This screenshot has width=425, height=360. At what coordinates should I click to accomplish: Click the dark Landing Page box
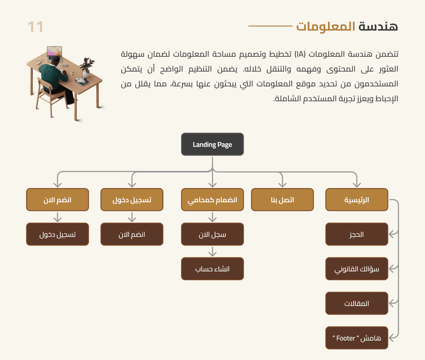(x=212, y=144)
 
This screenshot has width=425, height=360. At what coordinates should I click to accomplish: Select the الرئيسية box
(x=357, y=200)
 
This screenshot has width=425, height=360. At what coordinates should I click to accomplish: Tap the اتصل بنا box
(x=282, y=200)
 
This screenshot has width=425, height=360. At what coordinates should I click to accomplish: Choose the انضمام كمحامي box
(x=212, y=200)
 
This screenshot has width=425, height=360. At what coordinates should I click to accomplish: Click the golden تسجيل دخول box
(x=132, y=200)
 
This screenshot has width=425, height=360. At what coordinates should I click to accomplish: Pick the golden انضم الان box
(x=57, y=200)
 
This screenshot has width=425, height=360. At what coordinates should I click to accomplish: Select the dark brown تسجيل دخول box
(x=57, y=234)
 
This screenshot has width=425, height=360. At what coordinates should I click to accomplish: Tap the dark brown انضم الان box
(x=132, y=234)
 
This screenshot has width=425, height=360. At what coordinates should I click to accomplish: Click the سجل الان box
(x=212, y=234)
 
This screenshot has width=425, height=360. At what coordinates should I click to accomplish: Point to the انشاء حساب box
(x=212, y=269)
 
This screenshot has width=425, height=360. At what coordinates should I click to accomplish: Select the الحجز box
(x=357, y=234)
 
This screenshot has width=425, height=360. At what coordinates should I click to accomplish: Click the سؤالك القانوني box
(x=357, y=269)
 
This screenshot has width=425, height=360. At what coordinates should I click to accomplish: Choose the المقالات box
(x=357, y=304)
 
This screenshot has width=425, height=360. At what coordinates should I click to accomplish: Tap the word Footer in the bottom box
(x=346, y=338)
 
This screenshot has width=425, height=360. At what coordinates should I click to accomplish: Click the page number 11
(x=35, y=27)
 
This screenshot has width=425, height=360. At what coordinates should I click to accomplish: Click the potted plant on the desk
(x=87, y=67)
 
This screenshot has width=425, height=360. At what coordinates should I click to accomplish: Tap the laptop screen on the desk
(x=54, y=51)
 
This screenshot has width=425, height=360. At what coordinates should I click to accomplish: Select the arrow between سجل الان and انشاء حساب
(x=212, y=251)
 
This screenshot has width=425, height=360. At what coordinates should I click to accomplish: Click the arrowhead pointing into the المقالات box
(x=392, y=303)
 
